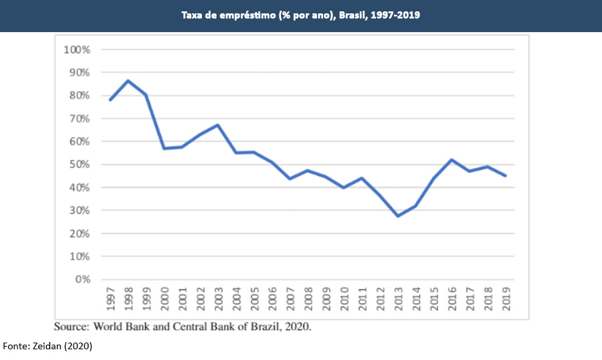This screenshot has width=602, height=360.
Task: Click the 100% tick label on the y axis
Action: [x=78, y=50]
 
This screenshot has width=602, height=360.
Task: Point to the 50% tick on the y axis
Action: [x=80, y=165]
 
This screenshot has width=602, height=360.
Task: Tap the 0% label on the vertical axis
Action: [x=83, y=280]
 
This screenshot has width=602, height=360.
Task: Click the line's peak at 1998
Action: [x=128, y=81]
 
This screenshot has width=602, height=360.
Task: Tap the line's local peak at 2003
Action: [x=218, y=125]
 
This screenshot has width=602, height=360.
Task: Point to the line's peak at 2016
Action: [x=452, y=160]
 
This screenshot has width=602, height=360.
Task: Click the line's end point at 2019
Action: [x=505, y=176]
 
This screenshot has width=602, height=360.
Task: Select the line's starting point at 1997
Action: [x=110, y=100]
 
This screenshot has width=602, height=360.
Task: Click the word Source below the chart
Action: [x=71, y=327]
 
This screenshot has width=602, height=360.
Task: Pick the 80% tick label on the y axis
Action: [x=80, y=96]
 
